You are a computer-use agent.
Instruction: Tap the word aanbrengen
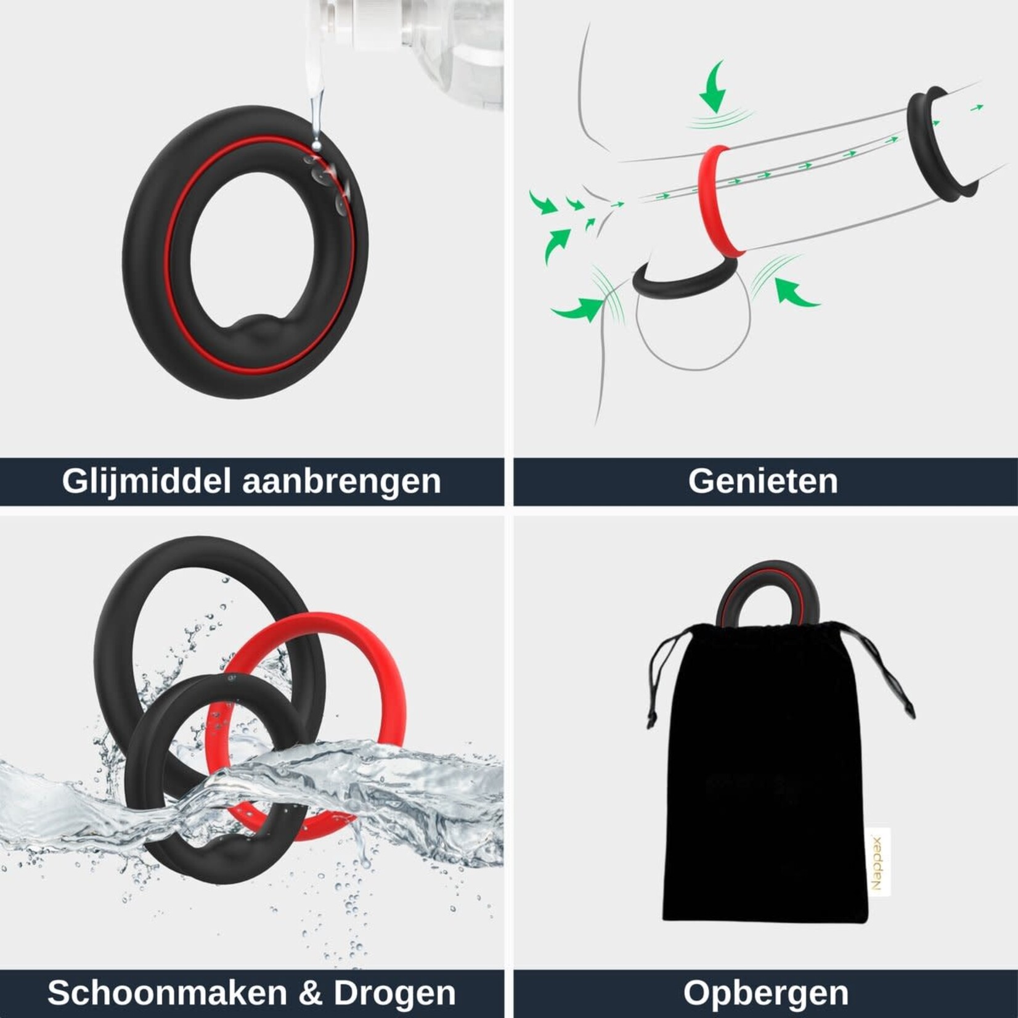pos(341,481)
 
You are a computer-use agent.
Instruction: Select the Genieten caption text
pos(763,481)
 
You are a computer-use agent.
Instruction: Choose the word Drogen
pos(394,993)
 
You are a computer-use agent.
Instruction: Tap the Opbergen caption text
pos(765,993)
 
